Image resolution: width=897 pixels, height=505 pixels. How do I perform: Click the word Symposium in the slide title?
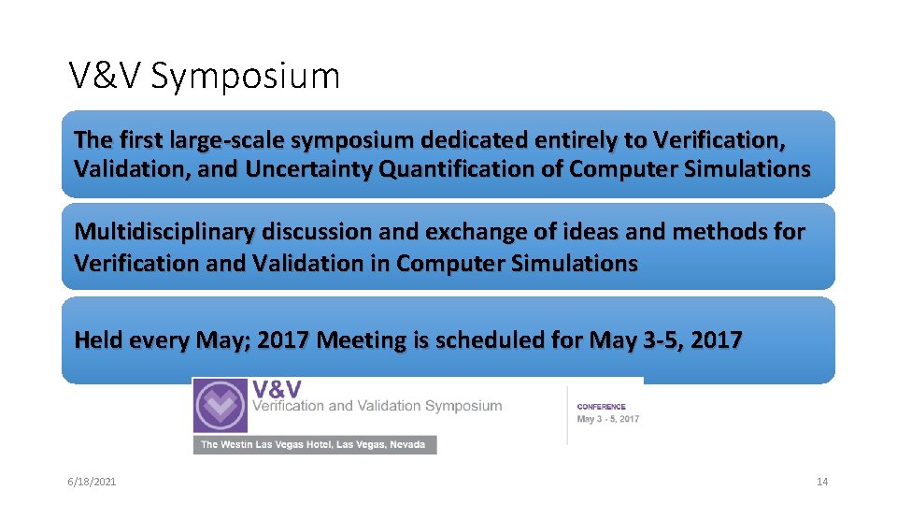pyautogui.click(x=245, y=77)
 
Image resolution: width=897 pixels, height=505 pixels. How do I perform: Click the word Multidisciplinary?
pyautogui.click(x=164, y=232)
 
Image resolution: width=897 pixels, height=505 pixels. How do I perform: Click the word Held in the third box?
pyautogui.click(x=98, y=339)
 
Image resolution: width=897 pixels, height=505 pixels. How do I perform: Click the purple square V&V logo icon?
pyautogui.click(x=221, y=406)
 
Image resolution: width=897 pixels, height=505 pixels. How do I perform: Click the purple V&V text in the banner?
pyautogui.click(x=277, y=387)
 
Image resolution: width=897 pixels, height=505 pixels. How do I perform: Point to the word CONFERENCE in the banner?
pyautogui.click(x=602, y=407)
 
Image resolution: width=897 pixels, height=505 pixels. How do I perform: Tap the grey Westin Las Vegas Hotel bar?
pyautogui.click(x=314, y=444)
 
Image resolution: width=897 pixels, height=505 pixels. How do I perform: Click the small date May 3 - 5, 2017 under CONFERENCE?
pyautogui.click(x=608, y=419)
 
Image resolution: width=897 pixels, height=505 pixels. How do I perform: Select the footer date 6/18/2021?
pyautogui.click(x=92, y=482)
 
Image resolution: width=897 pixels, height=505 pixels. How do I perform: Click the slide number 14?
pyautogui.click(x=822, y=482)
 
